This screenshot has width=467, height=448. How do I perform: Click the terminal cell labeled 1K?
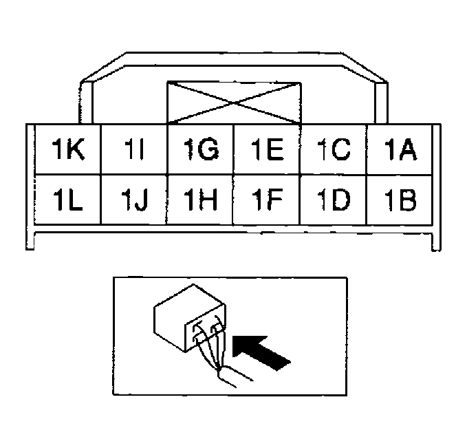(68, 149)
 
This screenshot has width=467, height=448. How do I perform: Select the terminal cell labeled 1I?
(135, 149)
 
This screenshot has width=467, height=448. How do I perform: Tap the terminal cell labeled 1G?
(201, 149)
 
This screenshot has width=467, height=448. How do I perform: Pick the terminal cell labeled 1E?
(267, 149)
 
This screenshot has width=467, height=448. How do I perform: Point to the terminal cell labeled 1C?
(334, 149)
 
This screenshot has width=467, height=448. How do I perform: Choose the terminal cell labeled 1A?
(400, 149)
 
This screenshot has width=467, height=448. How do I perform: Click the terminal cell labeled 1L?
(68, 199)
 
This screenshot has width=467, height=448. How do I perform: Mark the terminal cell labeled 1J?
(135, 199)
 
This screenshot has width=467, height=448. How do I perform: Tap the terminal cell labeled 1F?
(267, 199)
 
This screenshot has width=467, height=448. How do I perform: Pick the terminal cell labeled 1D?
(334, 199)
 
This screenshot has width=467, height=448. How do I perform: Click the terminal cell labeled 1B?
(400, 199)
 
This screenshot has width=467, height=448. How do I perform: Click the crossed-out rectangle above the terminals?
(235, 103)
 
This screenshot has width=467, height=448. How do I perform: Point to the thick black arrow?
(260, 352)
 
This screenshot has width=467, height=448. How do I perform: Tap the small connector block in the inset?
(190, 318)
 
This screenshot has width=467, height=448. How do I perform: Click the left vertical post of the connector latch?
(86, 103)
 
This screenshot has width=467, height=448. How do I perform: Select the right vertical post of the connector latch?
(381, 103)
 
